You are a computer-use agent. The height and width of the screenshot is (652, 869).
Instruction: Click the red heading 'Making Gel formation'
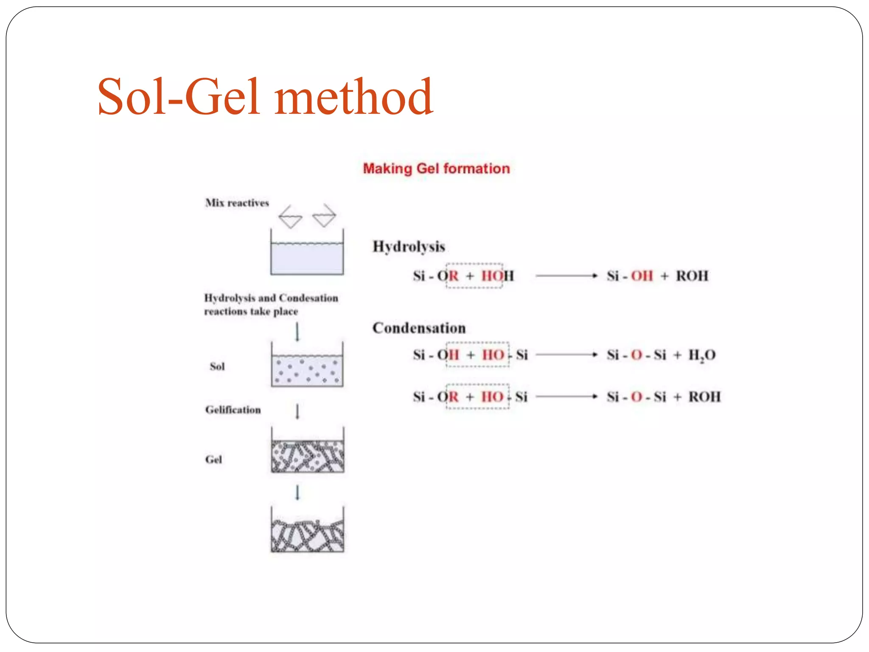[436, 169]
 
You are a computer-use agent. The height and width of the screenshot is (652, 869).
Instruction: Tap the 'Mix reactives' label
[237, 203]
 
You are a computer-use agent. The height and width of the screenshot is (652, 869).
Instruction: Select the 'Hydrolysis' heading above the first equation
[409, 247]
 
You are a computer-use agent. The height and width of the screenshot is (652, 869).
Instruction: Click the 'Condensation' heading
[419, 328]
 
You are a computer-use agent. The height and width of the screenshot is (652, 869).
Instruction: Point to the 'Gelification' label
[233, 410]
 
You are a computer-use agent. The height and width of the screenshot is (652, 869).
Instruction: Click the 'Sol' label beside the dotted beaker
[217, 366]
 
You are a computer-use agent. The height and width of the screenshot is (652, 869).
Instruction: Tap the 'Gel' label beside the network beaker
[213, 459]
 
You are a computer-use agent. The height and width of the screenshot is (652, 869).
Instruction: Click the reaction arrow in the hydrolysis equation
[566, 276]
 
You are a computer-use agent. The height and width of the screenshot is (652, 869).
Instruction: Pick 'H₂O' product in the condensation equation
[702, 355]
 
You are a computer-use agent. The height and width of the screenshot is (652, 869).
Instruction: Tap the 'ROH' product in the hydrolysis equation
[692, 276]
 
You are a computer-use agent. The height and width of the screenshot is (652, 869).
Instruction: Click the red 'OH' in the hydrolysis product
[642, 276]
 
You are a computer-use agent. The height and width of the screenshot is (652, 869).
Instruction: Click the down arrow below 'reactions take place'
[297, 332]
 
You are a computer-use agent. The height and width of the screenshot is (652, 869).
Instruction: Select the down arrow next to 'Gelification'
[297, 411]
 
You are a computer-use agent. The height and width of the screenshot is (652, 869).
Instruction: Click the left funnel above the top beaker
[290, 217]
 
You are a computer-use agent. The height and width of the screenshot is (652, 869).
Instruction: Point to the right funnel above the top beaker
[324, 216]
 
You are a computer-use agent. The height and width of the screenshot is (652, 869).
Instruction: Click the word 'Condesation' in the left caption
[308, 298]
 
